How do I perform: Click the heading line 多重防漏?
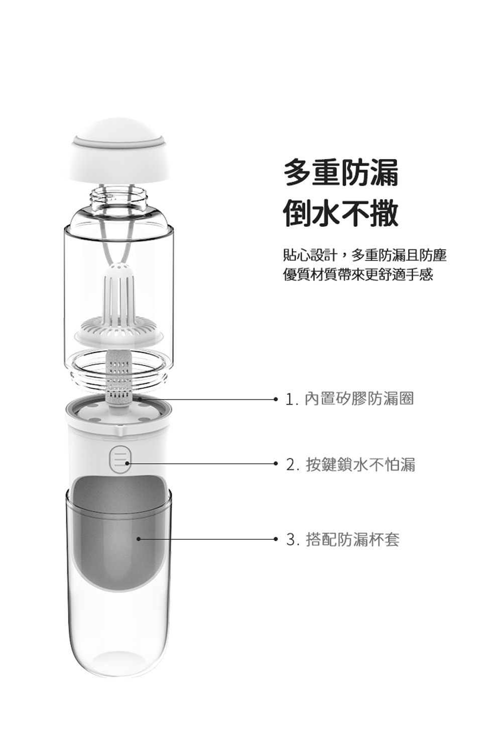[x=341, y=173]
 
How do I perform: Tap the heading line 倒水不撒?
[x=341, y=213]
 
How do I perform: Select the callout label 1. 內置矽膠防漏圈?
[x=349, y=399]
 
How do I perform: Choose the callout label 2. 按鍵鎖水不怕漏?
[x=350, y=465]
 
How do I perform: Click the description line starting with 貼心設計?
[x=364, y=255]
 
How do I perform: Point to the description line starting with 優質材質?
[x=358, y=275]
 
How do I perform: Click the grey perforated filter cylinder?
[x=119, y=377]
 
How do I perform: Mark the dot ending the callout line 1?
[x=276, y=399]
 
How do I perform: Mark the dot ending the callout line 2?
[x=276, y=464]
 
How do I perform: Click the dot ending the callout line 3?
[x=276, y=539]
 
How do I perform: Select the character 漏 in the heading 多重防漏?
[x=385, y=173]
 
